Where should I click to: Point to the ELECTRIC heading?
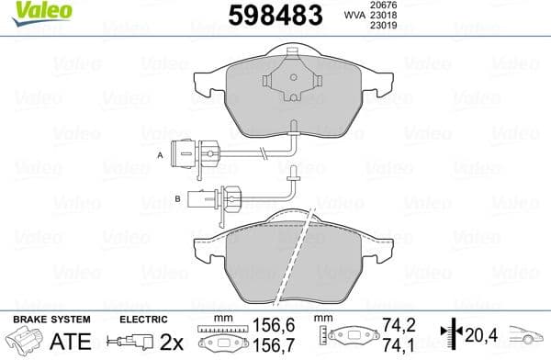tap(143, 320)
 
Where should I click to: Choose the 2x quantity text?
tap(171, 343)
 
